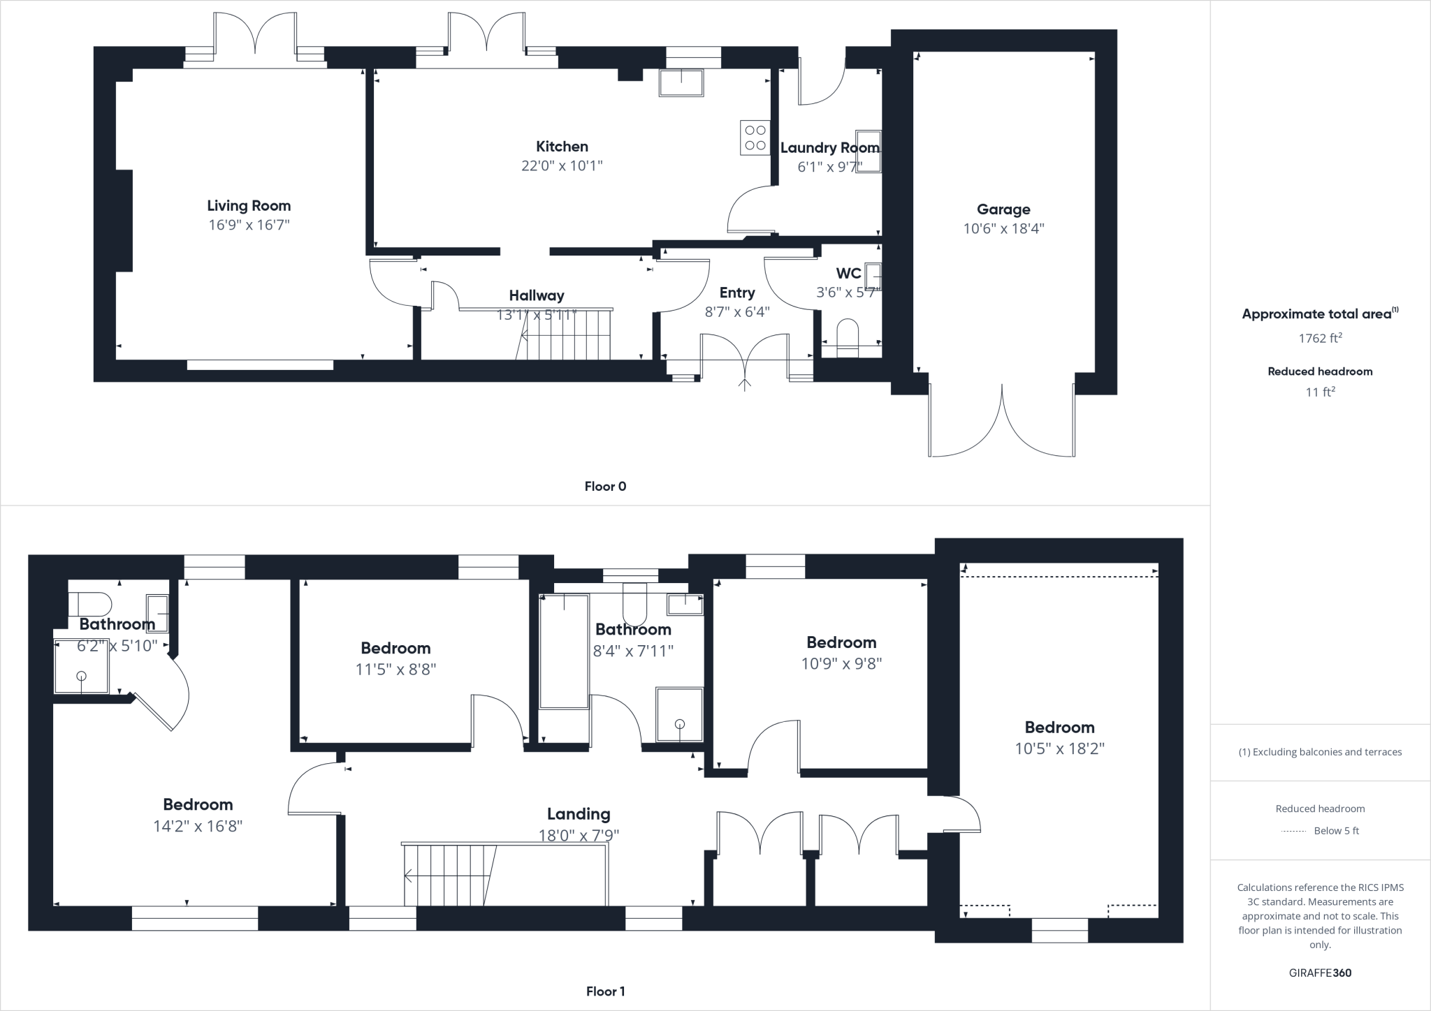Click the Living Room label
click(x=249, y=206)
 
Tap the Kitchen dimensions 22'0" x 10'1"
click(x=562, y=166)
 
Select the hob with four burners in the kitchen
click(x=755, y=138)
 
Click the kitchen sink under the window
click(x=681, y=82)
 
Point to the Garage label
click(x=1003, y=209)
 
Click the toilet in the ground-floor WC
click(x=848, y=336)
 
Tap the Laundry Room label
click(x=829, y=148)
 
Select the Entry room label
click(x=737, y=293)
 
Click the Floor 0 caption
click(x=605, y=487)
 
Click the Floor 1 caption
click(x=605, y=991)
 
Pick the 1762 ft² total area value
click(x=1320, y=339)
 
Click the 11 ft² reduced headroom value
click(x=1320, y=392)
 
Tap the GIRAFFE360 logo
click(x=1320, y=973)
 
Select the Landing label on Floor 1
click(x=579, y=814)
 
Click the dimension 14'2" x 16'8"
click(x=198, y=827)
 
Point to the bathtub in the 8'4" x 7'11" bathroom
click(x=563, y=651)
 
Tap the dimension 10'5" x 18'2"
click(x=1059, y=749)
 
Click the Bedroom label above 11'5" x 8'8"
click(x=395, y=648)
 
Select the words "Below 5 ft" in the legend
click(x=1336, y=831)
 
